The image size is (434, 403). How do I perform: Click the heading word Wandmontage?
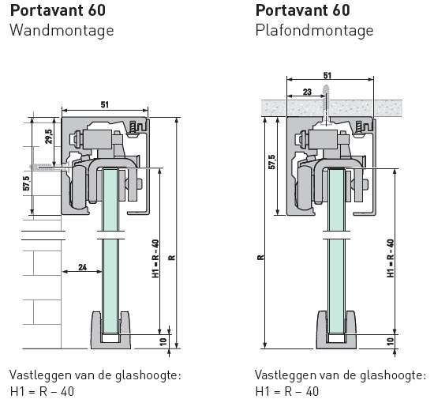pos(62,31)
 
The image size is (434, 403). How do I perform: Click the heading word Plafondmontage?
pos(314,31)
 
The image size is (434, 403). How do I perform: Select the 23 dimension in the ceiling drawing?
pos(307,92)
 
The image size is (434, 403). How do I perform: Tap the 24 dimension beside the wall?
pos(83,267)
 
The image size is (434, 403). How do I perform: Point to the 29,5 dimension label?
pos(49,136)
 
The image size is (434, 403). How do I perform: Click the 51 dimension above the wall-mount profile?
pos(105,105)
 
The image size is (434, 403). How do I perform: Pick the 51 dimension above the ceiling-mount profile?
pos(327,75)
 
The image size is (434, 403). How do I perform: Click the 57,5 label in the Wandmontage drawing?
pos(26,183)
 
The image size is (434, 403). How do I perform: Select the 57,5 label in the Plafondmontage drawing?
pos(272,162)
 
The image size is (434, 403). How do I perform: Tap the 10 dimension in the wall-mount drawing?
pos(163,341)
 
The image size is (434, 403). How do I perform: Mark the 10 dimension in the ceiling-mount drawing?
pos(391,341)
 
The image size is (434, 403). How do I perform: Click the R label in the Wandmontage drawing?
pos(171,258)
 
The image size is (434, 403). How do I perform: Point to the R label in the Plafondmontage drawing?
pos(260,258)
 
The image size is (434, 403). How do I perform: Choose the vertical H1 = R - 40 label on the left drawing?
pos(155,258)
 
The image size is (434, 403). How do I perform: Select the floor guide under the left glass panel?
pos(110,330)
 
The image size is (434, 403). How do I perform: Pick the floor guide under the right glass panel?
pos(337,330)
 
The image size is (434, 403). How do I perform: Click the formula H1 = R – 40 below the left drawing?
pos(43,392)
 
